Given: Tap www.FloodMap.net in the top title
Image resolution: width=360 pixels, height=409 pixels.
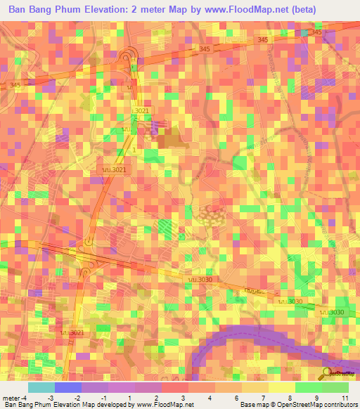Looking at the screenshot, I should click(x=232, y=10).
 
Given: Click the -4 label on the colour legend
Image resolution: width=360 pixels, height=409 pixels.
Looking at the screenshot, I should click(x=25, y=398).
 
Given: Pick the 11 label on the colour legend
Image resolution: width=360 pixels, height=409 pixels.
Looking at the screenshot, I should click(x=345, y=398).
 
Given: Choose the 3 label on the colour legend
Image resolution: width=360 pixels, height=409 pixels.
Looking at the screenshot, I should click(x=184, y=398).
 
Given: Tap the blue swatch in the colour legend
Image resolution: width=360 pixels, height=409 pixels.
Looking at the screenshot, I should click(x=68, y=387).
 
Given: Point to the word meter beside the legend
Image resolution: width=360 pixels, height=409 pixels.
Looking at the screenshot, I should click(x=10, y=398).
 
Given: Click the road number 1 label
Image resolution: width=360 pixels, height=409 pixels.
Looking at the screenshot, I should click(x=134, y=150).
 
